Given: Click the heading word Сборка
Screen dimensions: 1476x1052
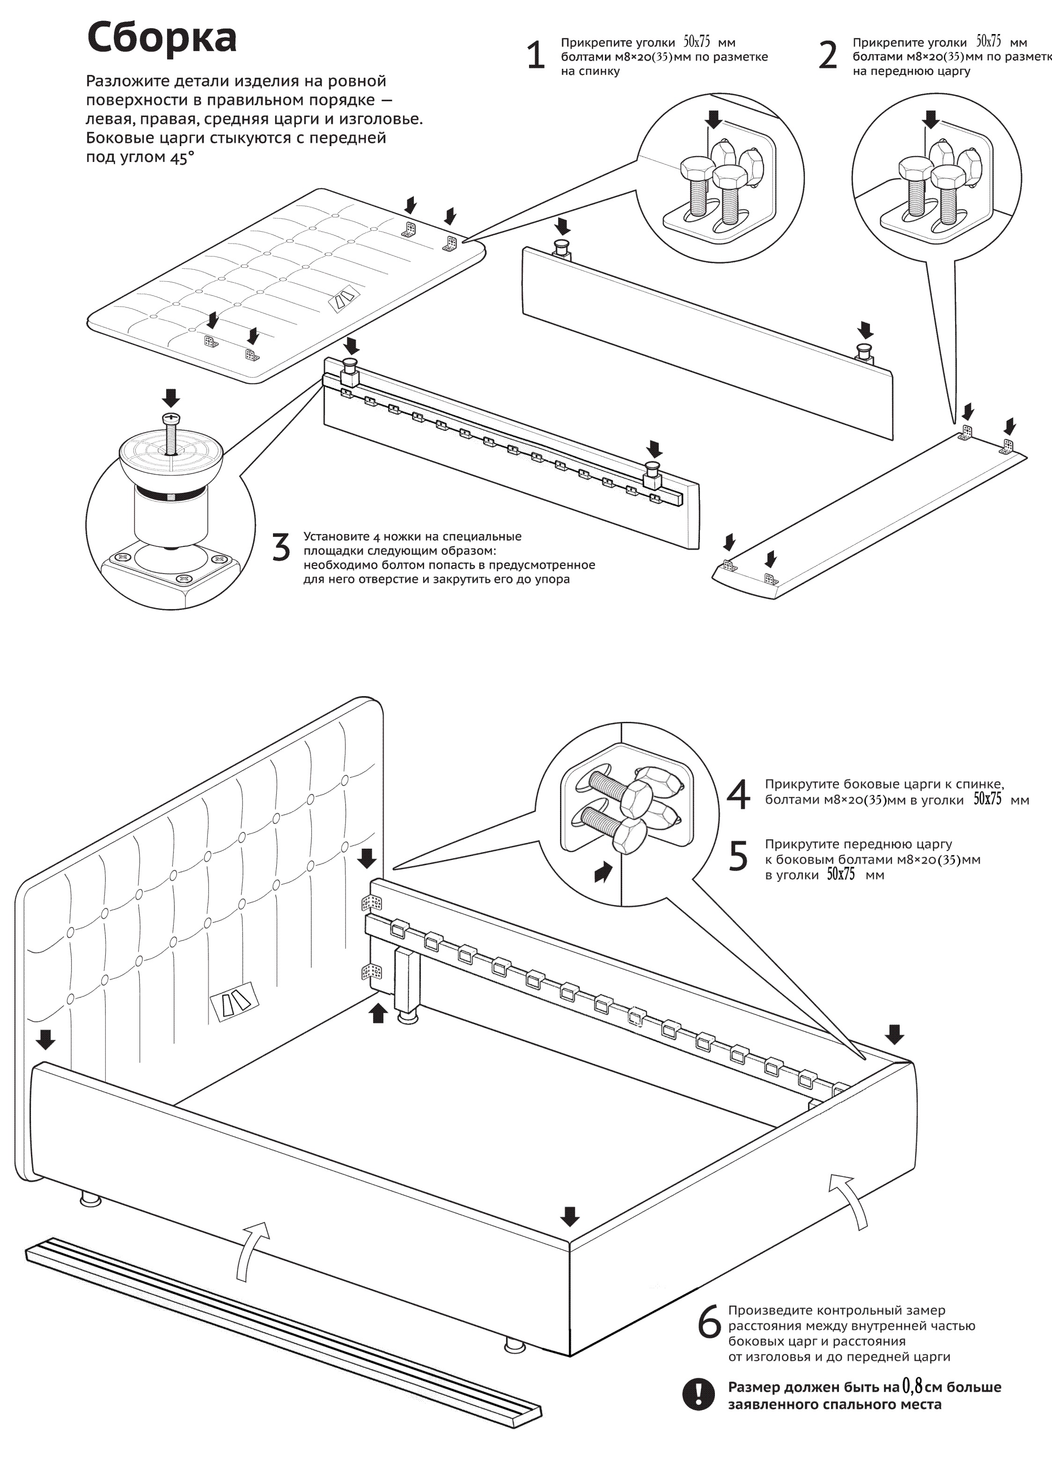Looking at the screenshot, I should (162, 37).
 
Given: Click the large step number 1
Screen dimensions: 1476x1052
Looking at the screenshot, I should (536, 56).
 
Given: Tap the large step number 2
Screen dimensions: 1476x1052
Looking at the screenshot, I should (828, 56).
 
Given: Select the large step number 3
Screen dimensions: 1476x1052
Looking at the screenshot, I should (280, 548).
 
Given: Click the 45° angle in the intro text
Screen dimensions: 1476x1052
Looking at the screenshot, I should (182, 157).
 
